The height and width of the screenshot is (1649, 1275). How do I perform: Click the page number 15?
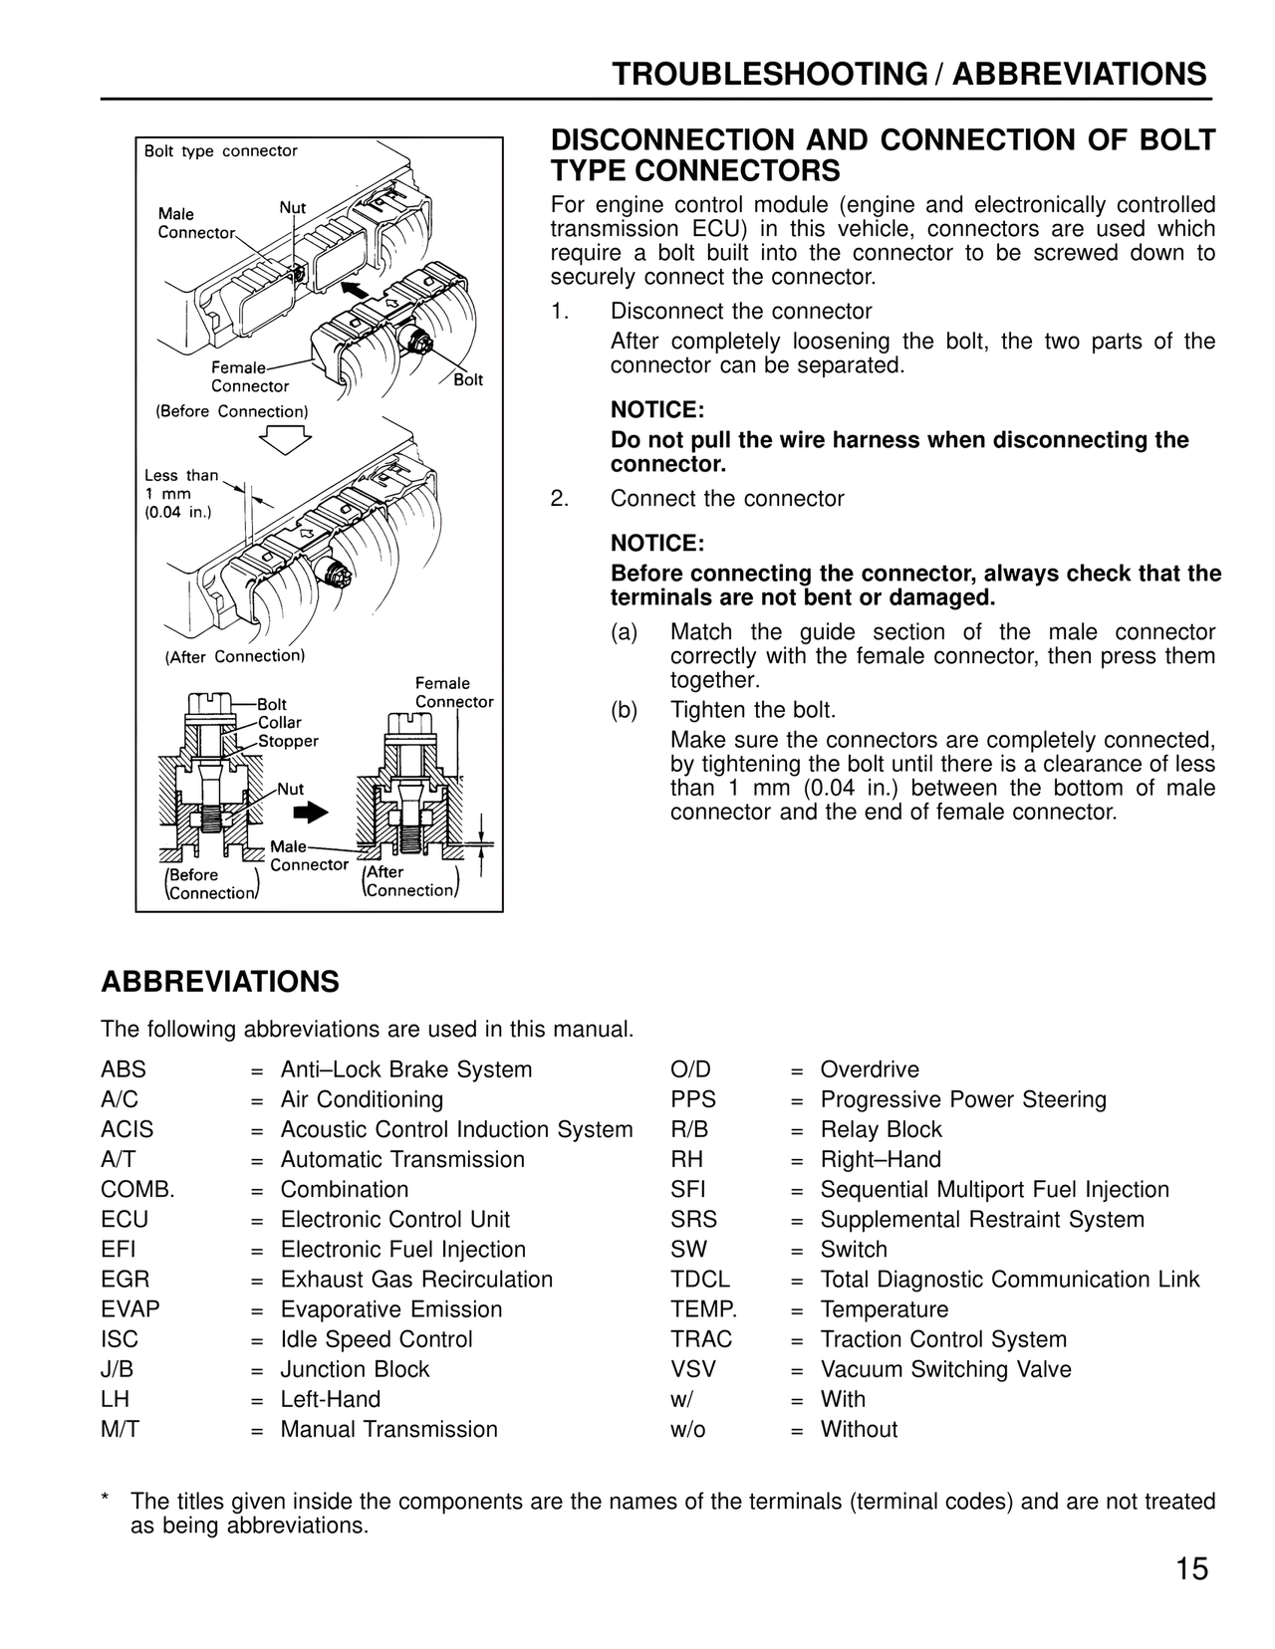click(1191, 1570)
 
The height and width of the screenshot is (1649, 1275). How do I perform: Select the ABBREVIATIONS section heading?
click(220, 982)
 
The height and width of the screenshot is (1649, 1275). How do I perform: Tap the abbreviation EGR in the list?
click(126, 1280)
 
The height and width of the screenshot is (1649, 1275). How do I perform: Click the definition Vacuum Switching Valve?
click(945, 1369)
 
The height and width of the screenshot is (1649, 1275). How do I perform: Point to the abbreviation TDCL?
click(700, 1280)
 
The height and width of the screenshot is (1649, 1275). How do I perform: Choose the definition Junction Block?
click(355, 1369)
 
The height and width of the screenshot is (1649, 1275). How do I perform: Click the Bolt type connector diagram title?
click(220, 151)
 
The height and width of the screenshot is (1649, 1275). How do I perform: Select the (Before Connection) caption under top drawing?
click(232, 411)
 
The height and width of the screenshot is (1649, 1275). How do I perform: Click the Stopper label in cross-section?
click(288, 741)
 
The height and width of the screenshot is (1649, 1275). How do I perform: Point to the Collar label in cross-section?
click(279, 723)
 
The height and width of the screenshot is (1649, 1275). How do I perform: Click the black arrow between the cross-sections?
click(316, 813)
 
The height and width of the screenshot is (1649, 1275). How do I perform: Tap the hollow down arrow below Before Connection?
click(284, 438)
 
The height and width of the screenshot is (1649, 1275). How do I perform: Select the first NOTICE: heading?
click(656, 410)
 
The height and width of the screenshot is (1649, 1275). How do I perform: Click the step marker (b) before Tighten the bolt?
click(625, 710)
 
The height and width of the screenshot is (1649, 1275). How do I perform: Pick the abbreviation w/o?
click(688, 1429)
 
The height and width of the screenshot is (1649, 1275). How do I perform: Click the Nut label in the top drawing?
click(292, 208)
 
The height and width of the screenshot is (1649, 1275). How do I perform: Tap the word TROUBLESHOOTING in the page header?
click(769, 75)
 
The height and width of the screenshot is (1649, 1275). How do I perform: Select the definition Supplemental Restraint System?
click(982, 1220)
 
